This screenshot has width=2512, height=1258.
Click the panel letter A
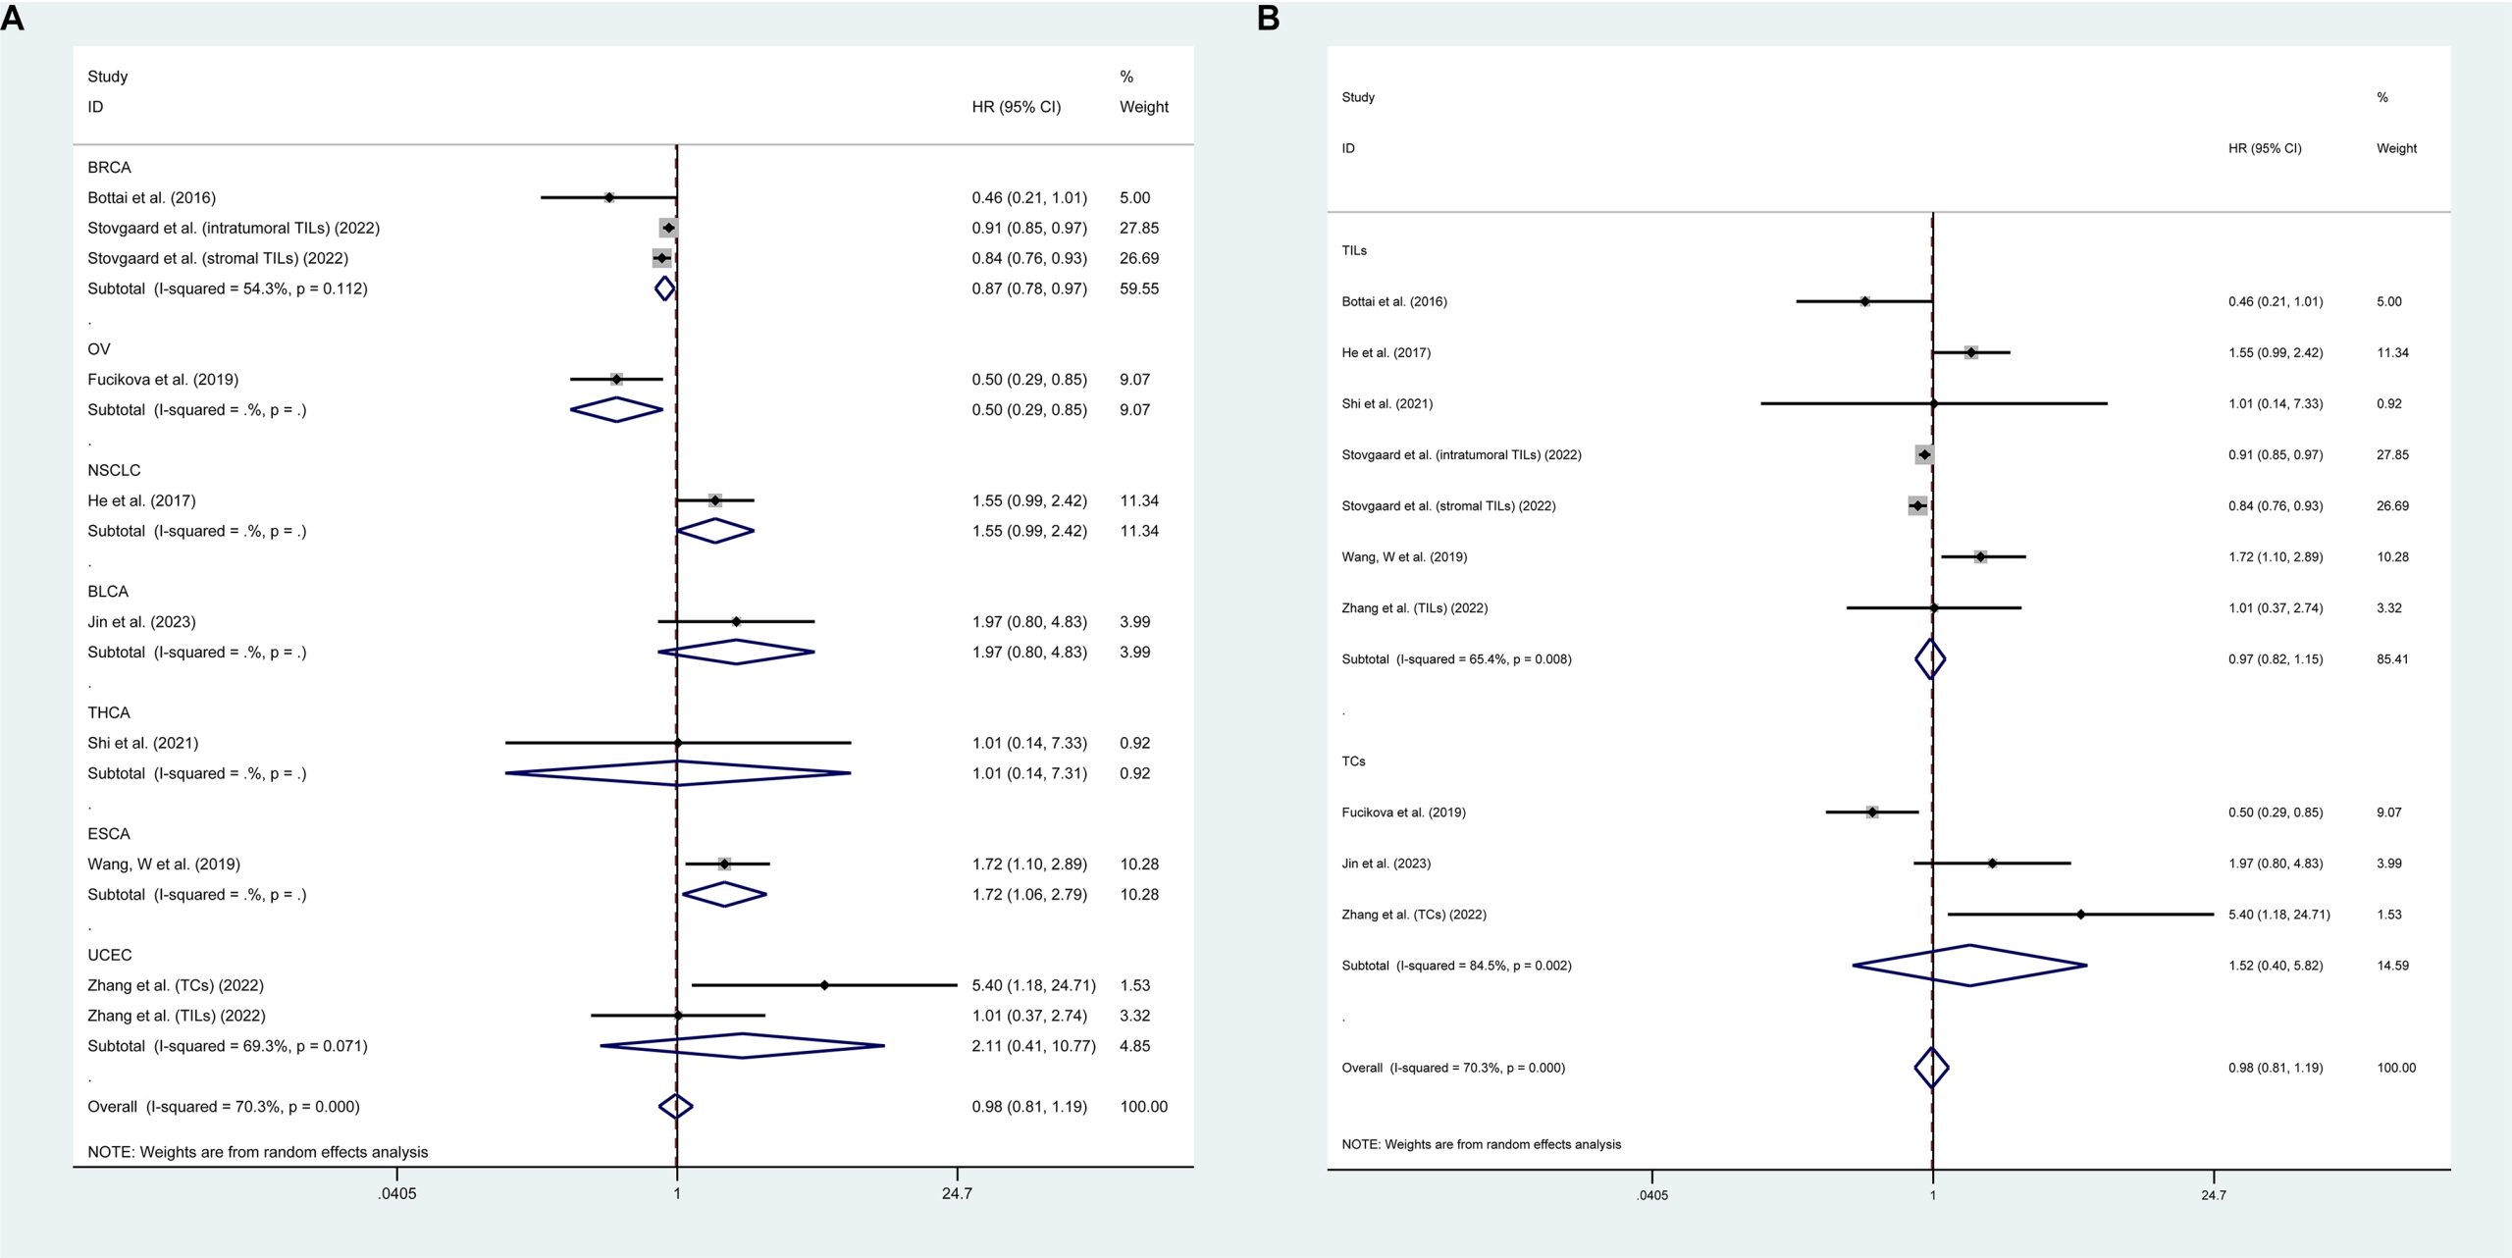point(13,19)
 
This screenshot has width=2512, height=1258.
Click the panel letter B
point(1268,19)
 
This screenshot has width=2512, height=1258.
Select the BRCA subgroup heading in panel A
point(109,168)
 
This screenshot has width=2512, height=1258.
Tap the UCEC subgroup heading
point(109,955)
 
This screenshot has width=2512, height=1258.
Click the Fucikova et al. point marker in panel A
point(616,380)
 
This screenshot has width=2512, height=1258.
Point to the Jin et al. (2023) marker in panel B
point(1992,864)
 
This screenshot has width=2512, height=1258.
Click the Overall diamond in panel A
point(675,1107)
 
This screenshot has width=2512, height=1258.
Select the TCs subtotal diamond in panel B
point(1969,966)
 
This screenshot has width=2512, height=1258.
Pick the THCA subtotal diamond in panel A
point(677,773)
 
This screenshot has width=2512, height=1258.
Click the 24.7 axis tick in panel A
point(957,1194)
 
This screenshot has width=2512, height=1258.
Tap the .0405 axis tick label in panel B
point(1651,1195)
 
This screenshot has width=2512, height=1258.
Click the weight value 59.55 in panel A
point(1139,288)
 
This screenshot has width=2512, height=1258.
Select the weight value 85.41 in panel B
point(2392,659)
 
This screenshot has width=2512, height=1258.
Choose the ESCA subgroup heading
point(109,834)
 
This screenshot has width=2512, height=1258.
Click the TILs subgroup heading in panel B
point(1354,250)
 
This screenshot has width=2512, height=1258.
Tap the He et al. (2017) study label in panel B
point(1386,352)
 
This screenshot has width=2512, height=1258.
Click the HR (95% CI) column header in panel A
point(1016,107)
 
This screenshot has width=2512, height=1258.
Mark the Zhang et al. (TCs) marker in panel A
point(824,985)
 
